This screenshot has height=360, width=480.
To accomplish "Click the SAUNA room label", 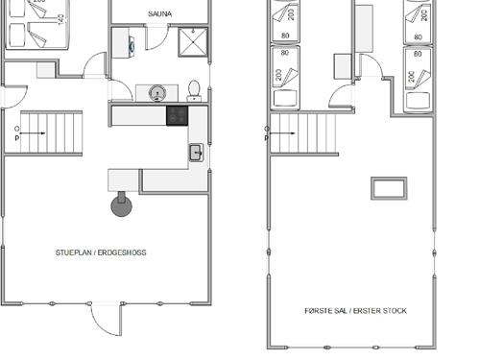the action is (159, 13).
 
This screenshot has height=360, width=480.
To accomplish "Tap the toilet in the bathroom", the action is (194, 91).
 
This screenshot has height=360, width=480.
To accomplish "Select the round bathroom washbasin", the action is (157, 93).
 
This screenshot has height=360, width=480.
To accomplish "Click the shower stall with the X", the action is (193, 42).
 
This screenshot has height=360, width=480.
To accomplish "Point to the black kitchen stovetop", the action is (177, 115).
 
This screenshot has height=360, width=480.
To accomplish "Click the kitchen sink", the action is (196, 153).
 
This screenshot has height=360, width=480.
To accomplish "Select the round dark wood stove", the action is (121, 204).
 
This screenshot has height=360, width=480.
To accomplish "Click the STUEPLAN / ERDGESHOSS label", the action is (101, 252).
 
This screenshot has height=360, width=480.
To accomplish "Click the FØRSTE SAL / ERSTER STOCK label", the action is (355, 311).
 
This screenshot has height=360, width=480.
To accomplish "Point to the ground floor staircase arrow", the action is (33, 133).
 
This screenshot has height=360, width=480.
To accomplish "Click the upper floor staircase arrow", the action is (282, 133).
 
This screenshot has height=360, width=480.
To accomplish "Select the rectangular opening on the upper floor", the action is (389, 188).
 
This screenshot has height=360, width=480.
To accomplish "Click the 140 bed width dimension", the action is (61, 19).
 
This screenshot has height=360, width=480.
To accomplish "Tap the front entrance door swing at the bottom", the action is (106, 320).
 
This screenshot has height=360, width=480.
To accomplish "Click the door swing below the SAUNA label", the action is (157, 38).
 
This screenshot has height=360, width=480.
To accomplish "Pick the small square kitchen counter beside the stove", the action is (123, 180).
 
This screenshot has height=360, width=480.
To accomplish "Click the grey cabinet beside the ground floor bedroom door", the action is (46, 70).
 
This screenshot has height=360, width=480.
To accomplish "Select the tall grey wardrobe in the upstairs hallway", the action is (364, 29).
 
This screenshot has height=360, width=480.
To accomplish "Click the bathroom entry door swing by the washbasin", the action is (121, 90).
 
